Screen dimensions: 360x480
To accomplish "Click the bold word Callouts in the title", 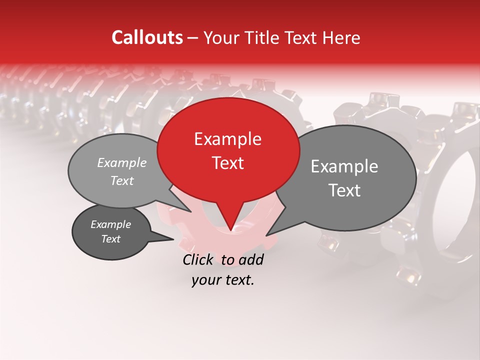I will pos(147,37).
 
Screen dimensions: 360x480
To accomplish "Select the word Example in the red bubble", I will pos(227,139).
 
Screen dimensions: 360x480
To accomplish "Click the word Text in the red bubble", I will pos(227,162).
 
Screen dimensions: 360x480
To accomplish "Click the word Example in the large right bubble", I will pos(344,166).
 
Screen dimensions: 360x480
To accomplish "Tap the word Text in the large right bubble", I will pos(344,190).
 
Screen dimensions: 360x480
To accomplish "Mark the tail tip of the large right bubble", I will pos(267,235).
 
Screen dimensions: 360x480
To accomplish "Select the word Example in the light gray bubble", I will pos(121,163).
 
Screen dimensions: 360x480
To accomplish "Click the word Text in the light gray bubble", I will pos(121,180).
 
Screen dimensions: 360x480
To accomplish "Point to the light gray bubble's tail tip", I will pos(190,211).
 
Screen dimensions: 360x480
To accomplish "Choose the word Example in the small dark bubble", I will pos(110,224).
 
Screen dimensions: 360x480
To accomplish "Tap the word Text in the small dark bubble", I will pos(110,239).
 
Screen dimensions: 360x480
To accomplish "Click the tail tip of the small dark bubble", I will pos(173,239).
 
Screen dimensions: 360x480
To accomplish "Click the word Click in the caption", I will pos(199,259).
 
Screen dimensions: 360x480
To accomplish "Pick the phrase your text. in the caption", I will pos(222,280).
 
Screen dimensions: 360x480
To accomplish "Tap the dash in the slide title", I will pos(193,38).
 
